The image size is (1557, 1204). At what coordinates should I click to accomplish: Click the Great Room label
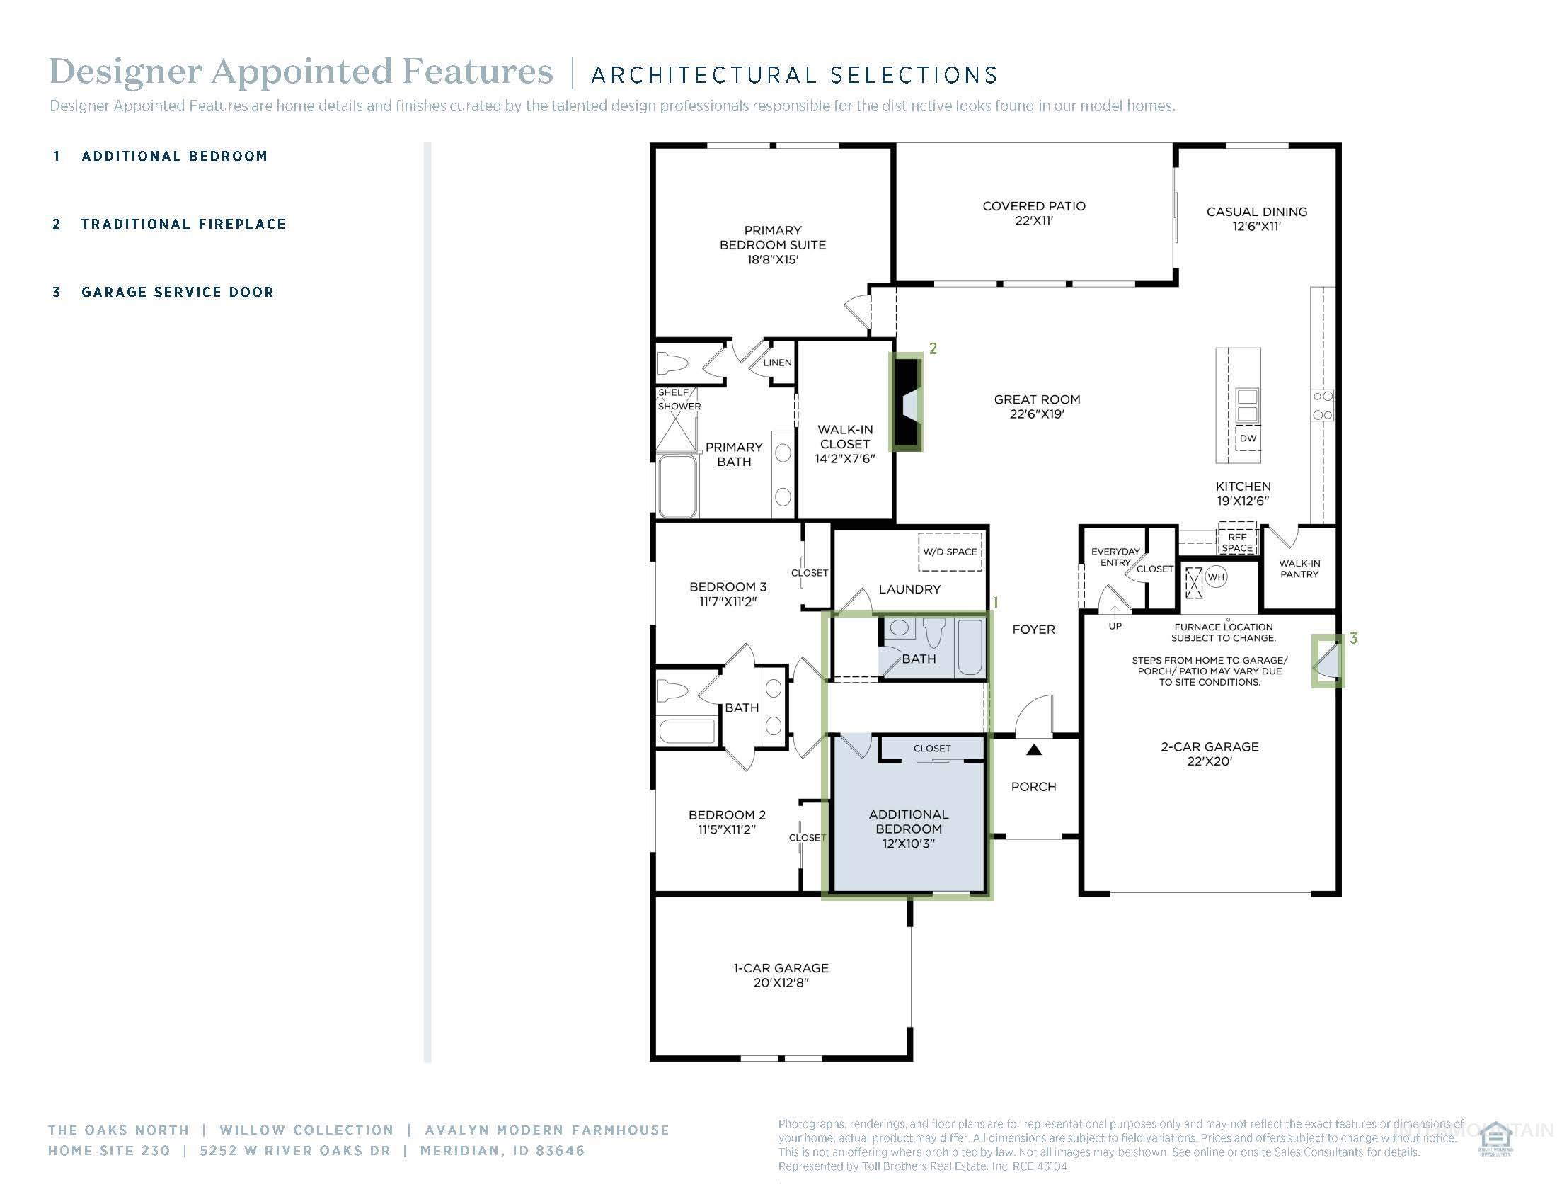tap(1037, 407)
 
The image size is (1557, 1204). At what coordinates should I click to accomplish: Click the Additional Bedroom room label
tap(908, 828)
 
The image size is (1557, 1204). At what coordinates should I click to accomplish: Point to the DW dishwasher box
tap(1248, 438)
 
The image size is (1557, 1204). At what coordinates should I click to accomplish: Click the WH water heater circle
tap(1215, 577)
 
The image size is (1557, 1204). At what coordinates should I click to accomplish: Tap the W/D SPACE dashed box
tap(950, 551)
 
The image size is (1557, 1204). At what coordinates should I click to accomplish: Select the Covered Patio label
tap(1034, 212)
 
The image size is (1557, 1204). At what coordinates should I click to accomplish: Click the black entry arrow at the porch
tap(1034, 749)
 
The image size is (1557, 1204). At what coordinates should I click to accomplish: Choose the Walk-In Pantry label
tap(1299, 569)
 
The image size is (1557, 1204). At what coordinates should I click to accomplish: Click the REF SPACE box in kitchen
tap(1237, 542)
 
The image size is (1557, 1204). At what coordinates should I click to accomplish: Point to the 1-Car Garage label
tap(781, 975)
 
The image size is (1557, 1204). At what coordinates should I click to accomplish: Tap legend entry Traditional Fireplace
tap(183, 224)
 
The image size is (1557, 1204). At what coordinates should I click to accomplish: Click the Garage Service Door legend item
tap(177, 292)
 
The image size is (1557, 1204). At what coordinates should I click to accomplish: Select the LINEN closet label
tap(777, 363)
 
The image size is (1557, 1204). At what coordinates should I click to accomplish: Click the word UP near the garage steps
tap(1115, 625)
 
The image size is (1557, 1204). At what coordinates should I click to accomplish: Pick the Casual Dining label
tap(1256, 218)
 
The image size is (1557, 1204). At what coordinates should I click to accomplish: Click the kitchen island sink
tap(1247, 404)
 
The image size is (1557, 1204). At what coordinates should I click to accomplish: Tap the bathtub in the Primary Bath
tap(677, 486)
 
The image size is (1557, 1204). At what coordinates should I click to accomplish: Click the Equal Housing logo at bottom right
tap(1495, 1139)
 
